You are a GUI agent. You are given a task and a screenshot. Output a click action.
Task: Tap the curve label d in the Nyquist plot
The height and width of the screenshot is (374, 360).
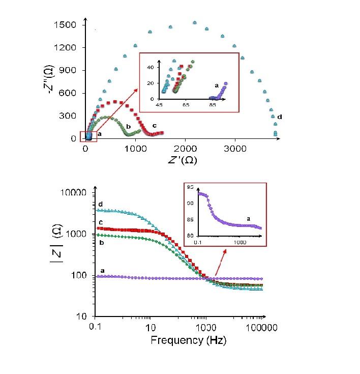(280, 118)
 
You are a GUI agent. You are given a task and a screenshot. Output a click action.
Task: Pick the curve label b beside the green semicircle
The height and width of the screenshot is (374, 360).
(129, 126)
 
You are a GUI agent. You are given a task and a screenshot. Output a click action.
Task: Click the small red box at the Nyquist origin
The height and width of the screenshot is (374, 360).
(88, 136)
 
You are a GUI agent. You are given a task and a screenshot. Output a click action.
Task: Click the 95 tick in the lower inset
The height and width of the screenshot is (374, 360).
(191, 188)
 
